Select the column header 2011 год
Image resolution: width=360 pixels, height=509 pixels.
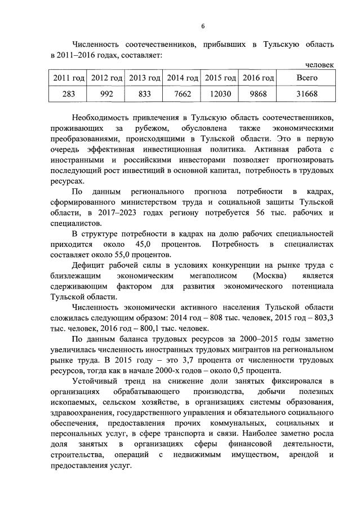point(69,77)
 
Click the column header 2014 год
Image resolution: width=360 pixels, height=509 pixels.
point(183,77)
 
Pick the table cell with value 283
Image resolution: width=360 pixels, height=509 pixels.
point(69,94)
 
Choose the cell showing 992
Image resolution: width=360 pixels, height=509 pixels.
point(106,94)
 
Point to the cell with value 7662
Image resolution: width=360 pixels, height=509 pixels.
point(183,94)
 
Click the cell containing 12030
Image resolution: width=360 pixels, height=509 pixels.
point(220,94)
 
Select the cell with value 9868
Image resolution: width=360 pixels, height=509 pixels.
point(259,94)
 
